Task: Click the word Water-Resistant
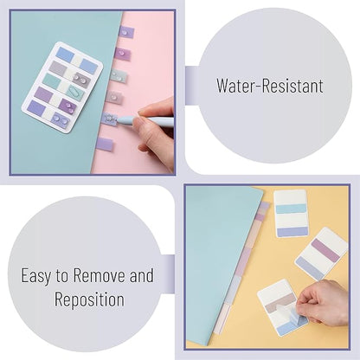pos(270,86)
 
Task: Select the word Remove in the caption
pos(100,275)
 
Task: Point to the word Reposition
pos(89,299)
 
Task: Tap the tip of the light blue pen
pos(116,120)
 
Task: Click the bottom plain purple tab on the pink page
pos(105,145)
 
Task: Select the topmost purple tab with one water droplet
pos(126,32)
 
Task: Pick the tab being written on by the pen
pos(109,119)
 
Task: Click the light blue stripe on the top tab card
pos(291,209)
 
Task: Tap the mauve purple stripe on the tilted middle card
pos(325,250)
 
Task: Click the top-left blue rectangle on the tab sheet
pos(65,55)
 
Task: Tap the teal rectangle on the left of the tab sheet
pos(51,81)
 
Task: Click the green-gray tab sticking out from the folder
pos(119,76)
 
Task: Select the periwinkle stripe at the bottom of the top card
pos(292,232)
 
